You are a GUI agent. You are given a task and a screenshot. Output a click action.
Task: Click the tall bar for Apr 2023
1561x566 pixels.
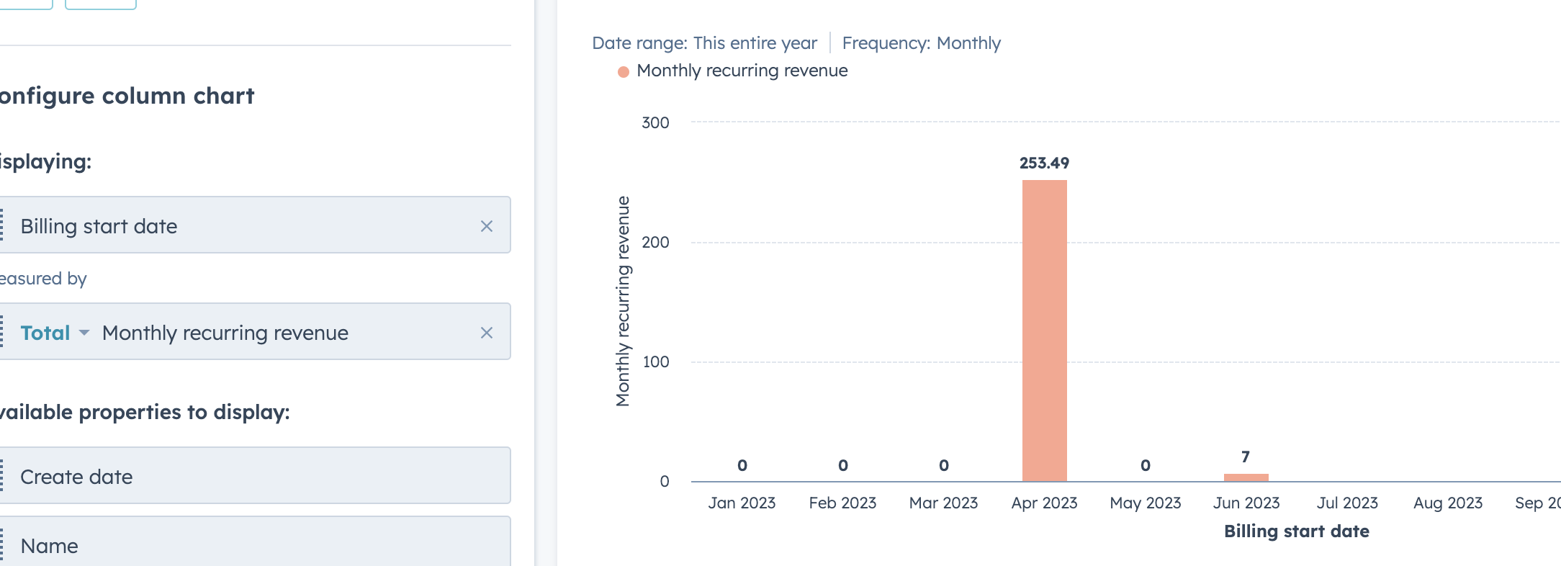(1044, 331)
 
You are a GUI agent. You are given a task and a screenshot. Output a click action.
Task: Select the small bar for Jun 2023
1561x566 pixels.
(1246, 477)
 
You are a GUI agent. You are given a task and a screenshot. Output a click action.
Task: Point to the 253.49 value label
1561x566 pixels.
(1044, 163)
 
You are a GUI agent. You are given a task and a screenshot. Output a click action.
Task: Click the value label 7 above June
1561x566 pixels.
(1246, 457)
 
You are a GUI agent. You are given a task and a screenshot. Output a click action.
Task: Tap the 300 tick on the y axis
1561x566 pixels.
(655, 122)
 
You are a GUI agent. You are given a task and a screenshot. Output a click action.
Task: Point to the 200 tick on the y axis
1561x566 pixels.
(655, 242)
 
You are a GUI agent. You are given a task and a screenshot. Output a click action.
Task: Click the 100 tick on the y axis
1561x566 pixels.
(656, 361)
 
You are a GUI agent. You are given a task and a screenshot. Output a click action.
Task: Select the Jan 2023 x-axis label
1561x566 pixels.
(742, 503)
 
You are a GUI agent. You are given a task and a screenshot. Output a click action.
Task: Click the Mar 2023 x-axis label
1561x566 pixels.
(943, 503)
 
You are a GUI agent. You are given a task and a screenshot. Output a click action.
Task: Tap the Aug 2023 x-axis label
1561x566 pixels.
(1448, 503)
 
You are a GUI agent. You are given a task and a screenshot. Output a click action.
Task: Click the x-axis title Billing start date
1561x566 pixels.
(1297, 531)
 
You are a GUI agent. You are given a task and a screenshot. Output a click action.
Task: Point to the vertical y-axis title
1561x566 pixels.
(623, 301)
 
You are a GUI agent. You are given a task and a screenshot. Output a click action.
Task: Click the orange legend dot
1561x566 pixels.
(624, 71)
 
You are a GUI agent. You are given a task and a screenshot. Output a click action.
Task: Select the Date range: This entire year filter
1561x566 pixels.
(704, 43)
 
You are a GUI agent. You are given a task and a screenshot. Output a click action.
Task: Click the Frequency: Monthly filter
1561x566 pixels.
(922, 43)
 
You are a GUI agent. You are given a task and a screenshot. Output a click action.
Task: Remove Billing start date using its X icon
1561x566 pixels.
(487, 226)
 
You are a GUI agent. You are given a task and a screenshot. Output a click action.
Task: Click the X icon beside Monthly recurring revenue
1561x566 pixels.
(487, 333)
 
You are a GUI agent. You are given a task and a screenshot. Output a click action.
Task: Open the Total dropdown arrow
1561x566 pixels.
(84, 333)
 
